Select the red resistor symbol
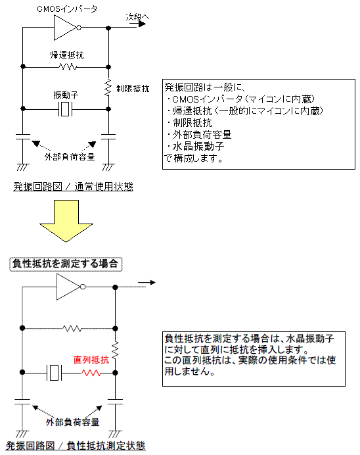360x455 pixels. point(91,373)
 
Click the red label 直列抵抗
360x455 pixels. point(92,360)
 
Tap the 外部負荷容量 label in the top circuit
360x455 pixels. point(70,157)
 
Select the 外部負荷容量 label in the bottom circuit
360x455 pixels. point(72,421)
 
